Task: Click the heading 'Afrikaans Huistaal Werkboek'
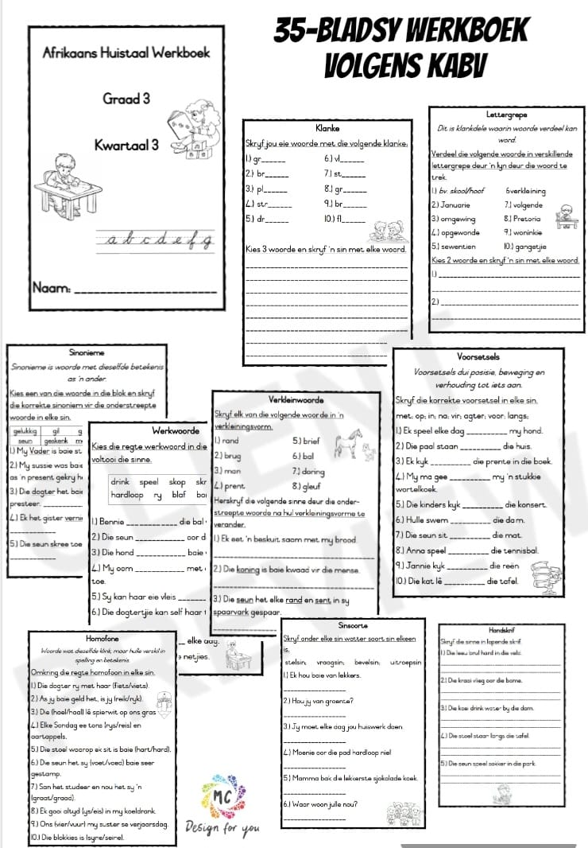click(126, 53)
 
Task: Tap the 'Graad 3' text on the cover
click(126, 99)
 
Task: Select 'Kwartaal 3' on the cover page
click(126, 145)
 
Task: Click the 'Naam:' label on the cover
click(53, 286)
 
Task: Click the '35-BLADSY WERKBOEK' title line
click(401, 31)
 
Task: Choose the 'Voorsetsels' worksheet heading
click(478, 356)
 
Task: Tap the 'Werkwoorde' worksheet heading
click(176, 430)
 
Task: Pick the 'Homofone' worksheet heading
click(101, 637)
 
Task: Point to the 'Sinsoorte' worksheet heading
click(353, 626)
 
